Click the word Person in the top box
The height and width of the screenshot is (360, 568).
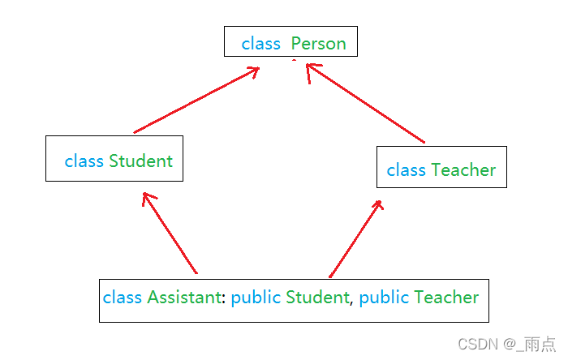click(x=318, y=44)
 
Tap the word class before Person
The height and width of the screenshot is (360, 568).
click(x=260, y=44)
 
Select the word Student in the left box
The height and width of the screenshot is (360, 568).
click(x=140, y=161)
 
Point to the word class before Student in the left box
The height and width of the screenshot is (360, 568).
click(x=84, y=161)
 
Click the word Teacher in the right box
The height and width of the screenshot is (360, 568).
click(x=463, y=170)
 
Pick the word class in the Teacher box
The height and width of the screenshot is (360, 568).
click(x=406, y=170)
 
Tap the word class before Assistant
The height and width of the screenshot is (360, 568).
click(x=123, y=298)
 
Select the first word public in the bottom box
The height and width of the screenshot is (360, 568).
click(x=256, y=298)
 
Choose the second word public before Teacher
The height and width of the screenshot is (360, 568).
click(x=384, y=298)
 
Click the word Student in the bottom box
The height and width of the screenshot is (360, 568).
click(x=317, y=298)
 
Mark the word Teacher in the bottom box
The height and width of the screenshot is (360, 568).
click(x=446, y=298)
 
